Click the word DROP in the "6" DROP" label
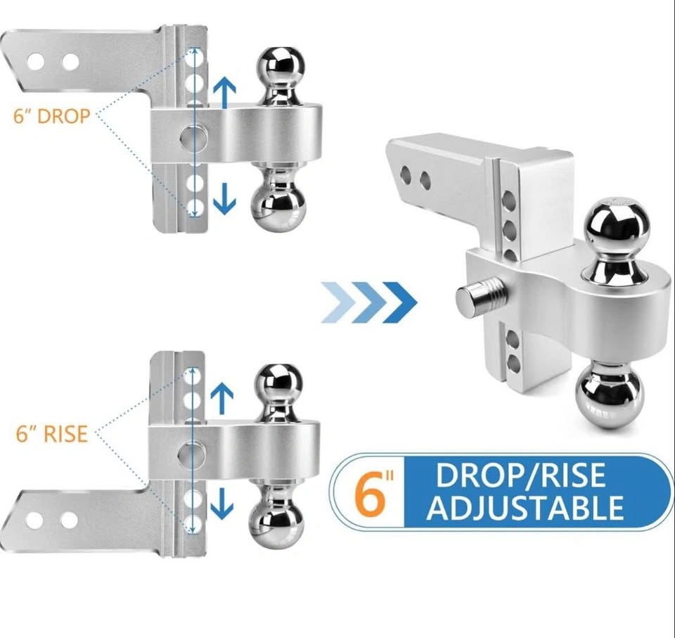point(64,116)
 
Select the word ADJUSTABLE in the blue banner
point(525,508)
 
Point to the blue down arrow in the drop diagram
point(225,197)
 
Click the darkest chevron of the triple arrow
point(400,302)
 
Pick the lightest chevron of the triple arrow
point(339,302)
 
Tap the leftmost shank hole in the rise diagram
point(34,521)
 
